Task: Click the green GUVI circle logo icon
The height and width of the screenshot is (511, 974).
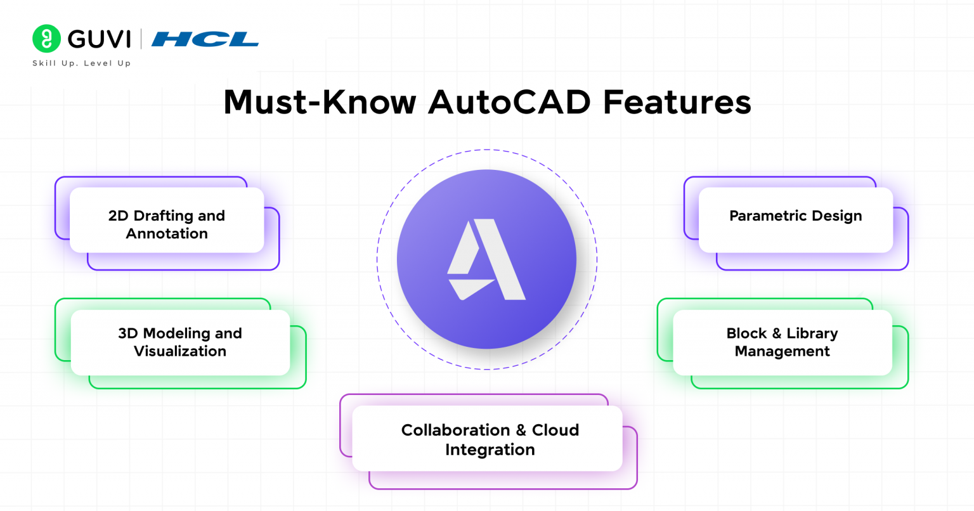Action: [x=46, y=39]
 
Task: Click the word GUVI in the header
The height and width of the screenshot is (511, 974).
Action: [x=99, y=39]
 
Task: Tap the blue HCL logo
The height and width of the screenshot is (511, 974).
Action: [x=205, y=40]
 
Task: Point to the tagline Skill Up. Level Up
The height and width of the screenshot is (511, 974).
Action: [x=82, y=63]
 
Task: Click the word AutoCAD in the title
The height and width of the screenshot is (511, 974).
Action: [x=510, y=102]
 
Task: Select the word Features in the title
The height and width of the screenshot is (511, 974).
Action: [x=677, y=102]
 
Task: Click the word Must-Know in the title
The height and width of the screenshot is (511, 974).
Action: [x=320, y=102]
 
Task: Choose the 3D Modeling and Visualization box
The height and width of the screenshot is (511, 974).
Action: [x=180, y=342]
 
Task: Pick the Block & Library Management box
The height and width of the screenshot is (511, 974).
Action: [x=782, y=342]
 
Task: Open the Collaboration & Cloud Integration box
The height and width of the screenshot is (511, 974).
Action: [x=487, y=439]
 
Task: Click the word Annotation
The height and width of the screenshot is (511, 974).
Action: [x=167, y=234]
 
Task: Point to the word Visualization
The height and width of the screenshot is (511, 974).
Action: [x=180, y=351]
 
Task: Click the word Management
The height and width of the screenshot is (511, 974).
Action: [x=782, y=351]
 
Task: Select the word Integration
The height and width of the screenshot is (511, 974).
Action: [x=490, y=450]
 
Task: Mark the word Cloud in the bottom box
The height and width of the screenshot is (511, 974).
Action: [x=555, y=430]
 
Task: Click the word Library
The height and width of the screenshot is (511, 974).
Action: [x=812, y=333]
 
